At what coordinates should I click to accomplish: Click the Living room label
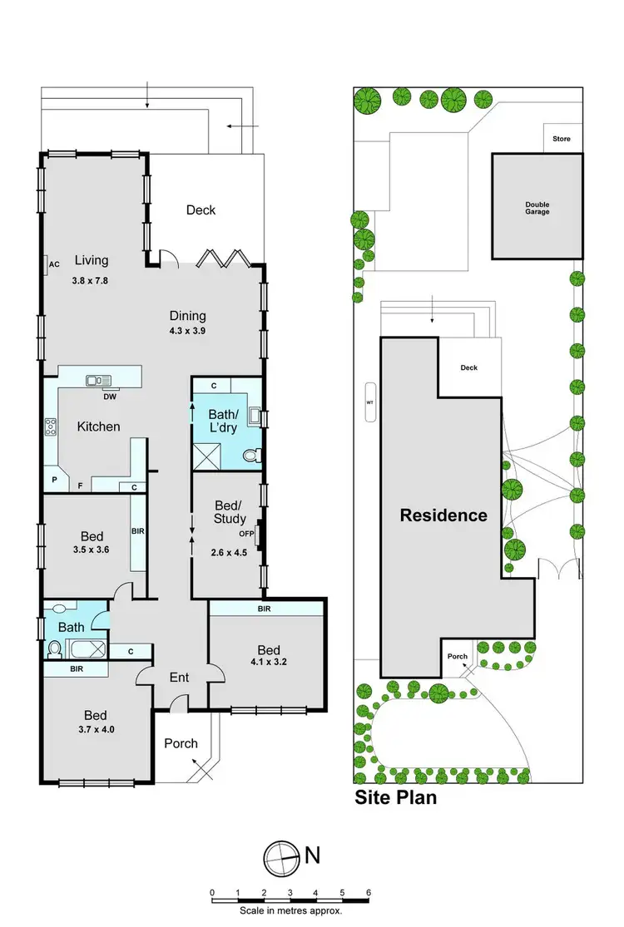coord(92,259)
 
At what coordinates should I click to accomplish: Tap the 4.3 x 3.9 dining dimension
coord(187,331)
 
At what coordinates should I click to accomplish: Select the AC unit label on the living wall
coord(55,264)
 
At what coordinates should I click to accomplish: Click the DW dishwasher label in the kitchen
coord(110,397)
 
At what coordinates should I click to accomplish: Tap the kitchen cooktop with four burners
coord(50,427)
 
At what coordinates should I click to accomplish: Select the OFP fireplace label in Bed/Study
coord(246,534)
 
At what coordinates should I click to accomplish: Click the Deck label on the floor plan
coord(201,210)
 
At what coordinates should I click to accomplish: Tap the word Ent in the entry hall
coord(179,678)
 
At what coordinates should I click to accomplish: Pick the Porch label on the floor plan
coord(181,742)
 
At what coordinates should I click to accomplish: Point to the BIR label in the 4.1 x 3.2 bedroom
coord(265,609)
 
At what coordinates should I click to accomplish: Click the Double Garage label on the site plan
coord(537,208)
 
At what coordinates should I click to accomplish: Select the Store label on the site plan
coord(562,139)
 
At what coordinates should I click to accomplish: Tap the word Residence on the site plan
coord(443,515)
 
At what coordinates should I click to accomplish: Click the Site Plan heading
coord(396,799)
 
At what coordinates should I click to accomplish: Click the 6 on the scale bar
coord(368,892)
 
